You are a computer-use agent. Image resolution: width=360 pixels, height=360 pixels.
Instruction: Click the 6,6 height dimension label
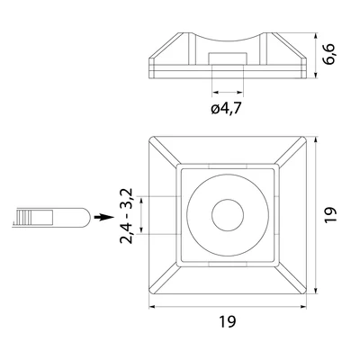pos(329,55)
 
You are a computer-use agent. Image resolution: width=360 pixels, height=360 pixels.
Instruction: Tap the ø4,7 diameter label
pos(226,108)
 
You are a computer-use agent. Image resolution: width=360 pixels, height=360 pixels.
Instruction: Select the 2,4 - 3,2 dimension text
pos(126,216)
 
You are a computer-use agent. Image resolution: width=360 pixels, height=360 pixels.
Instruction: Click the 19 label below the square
pos(228,321)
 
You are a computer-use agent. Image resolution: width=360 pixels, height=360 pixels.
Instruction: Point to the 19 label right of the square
pos(330,214)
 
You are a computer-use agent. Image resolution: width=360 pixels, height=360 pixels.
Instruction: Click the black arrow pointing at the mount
pos(103,217)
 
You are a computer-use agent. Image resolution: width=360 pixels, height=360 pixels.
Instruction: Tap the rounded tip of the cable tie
pos(85,217)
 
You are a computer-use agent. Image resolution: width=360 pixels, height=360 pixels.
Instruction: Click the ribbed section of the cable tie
pos(23,217)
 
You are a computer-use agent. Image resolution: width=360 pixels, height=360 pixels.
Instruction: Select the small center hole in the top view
pos(228,215)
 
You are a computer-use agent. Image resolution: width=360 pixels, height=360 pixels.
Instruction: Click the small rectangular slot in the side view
pos(228,58)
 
